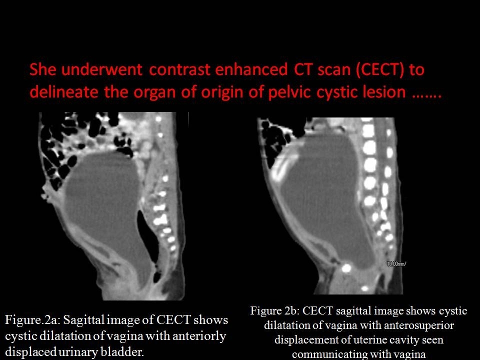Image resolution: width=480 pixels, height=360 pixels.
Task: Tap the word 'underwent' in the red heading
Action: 101,69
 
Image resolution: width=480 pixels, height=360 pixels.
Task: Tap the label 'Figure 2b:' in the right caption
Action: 276,311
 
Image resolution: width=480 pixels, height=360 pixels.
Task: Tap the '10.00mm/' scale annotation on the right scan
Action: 396,263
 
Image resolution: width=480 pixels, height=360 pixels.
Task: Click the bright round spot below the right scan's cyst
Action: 346,268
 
